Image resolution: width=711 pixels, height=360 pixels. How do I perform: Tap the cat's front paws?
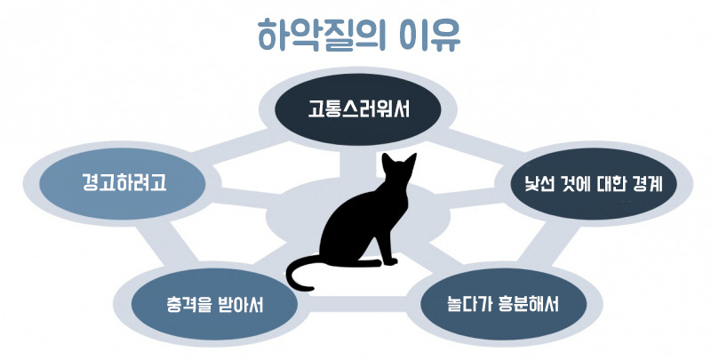pyautogui.click(x=387, y=262)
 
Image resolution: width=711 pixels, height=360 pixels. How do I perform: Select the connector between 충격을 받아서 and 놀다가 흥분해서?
pyautogui.click(x=355, y=311)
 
